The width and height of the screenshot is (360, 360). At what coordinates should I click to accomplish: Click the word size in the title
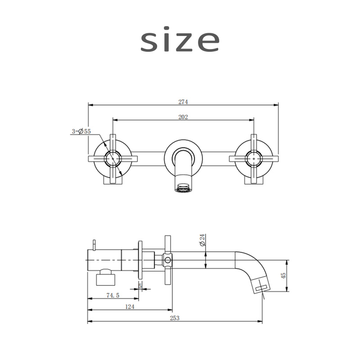point(180,40)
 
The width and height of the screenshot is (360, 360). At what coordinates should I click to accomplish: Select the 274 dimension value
point(183,102)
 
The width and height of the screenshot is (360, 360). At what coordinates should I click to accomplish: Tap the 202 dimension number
point(183,117)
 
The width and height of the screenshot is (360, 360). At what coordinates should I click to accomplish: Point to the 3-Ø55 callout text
point(81,131)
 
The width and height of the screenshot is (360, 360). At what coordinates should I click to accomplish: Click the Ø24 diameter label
point(202,240)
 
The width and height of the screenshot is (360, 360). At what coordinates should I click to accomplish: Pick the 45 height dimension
point(283,275)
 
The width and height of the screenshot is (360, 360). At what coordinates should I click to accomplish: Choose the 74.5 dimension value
point(113,295)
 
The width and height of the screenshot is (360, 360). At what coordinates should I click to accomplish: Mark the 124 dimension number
point(130,307)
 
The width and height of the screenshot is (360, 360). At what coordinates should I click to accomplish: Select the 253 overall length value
point(175,318)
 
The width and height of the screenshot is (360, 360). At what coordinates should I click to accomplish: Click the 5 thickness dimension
point(140,286)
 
